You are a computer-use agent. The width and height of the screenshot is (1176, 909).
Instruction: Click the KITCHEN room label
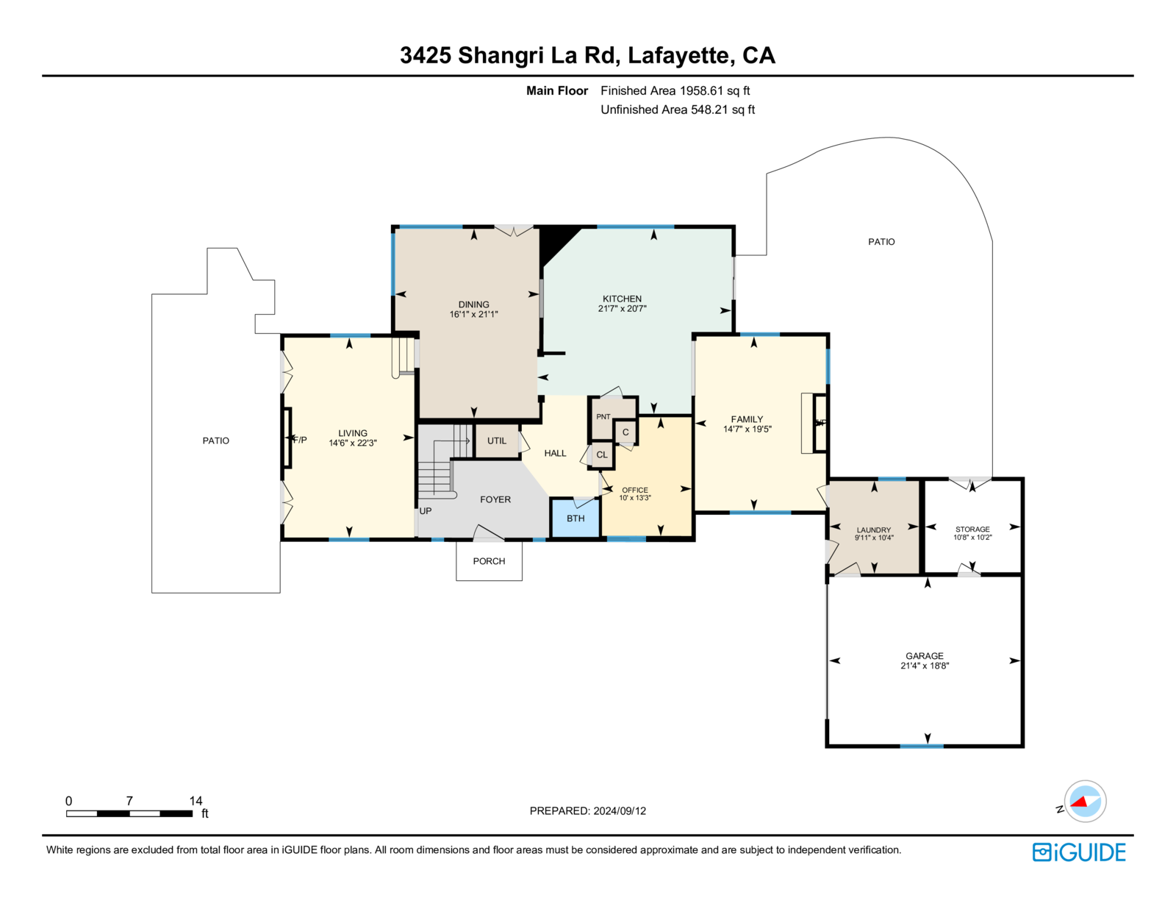[622, 299]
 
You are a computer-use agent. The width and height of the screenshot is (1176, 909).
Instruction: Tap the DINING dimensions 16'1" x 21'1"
[473, 314]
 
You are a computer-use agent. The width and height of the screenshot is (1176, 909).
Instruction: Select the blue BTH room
[576, 518]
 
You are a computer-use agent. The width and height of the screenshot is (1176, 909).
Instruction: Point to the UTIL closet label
[497, 441]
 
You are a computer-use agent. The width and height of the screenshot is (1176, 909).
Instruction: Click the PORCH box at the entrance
[490, 561]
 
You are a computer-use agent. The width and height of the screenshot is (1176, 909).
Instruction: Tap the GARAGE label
[925, 655]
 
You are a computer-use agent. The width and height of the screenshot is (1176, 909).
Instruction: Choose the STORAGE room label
[972, 529]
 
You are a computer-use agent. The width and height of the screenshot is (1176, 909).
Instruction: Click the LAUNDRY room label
[873, 530]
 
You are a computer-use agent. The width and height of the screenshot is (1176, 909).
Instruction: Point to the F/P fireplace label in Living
[299, 440]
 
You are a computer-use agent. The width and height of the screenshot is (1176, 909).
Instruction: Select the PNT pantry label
[603, 417]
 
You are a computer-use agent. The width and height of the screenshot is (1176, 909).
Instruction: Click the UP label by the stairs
[426, 511]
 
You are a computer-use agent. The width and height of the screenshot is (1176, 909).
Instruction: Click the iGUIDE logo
[1078, 852]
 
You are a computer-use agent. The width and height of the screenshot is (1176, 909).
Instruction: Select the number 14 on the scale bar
[196, 800]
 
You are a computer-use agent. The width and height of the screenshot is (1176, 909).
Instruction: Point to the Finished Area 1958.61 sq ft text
[675, 91]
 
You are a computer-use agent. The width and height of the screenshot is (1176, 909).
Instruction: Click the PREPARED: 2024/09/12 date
[588, 810]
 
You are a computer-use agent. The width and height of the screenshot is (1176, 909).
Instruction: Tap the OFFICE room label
[635, 490]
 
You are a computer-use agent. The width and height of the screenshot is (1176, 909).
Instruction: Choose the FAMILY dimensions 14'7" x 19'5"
[747, 429]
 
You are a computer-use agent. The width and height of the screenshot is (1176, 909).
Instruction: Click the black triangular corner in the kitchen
[555, 241]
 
